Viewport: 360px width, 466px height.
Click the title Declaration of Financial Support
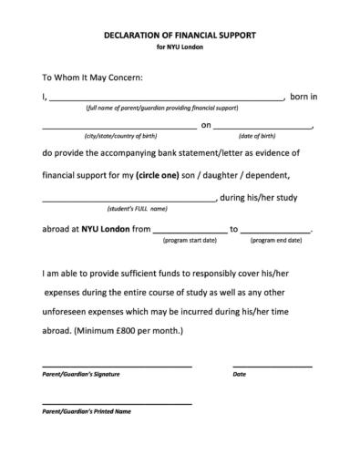click(180, 35)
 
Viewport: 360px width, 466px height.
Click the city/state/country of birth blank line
click(118, 127)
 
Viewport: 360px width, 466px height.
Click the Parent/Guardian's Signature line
click(117, 365)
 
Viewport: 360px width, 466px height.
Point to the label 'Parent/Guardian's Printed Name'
click(87, 411)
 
